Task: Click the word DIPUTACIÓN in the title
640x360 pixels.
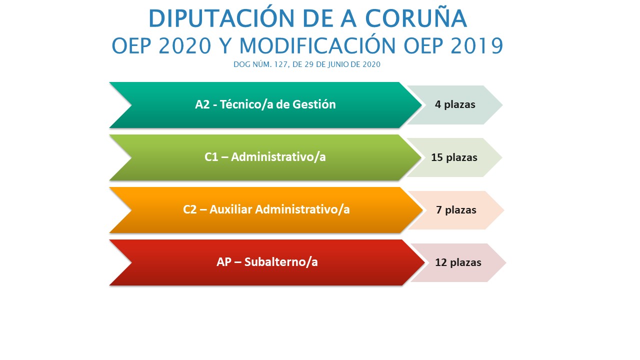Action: (221, 18)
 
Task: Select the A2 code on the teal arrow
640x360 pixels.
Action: (202, 104)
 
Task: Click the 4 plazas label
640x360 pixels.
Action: (455, 104)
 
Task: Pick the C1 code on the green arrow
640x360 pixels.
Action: (211, 157)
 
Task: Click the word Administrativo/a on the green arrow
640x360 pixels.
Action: (278, 157)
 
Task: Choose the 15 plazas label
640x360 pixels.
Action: (454, 157)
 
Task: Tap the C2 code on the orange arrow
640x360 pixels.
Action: (190, 209)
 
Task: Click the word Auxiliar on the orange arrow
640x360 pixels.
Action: (231, 209)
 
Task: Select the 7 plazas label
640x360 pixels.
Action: (456, 210)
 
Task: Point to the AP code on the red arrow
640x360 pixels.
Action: (223, 262)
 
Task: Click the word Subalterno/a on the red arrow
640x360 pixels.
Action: (281, 262)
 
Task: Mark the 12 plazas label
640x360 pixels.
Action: (458, 262)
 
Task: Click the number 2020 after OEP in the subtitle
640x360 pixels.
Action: (185, 45)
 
